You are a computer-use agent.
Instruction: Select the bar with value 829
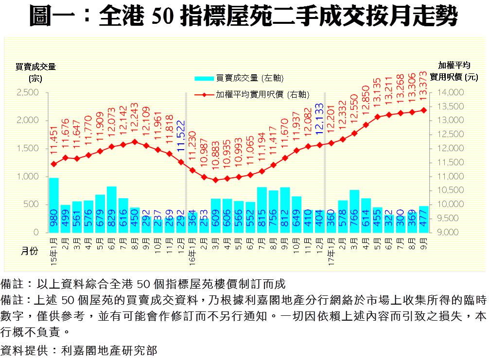112,209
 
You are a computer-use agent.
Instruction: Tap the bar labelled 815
262,210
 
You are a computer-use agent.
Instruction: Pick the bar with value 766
354,211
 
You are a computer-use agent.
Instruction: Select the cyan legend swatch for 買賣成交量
204,78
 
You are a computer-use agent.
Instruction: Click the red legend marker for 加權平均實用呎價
204,95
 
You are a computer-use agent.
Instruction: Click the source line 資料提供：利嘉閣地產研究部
79,350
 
